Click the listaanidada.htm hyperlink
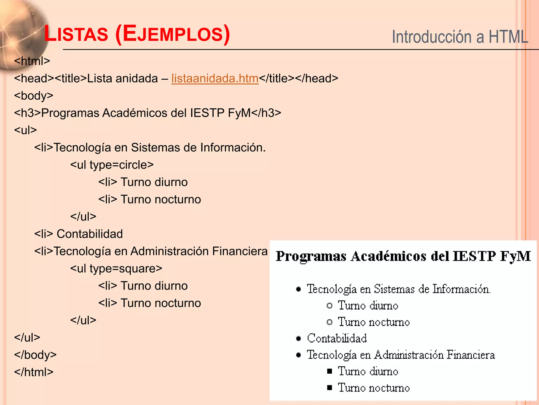tap(215, 79)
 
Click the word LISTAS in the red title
tap(76, 34)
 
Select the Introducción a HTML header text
tap(460, 37)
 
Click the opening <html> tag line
tap(32, 61)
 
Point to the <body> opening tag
tap(34, 96)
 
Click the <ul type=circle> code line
tap(112, 165)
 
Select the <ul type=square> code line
tap(116, 268)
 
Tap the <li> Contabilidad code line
tap(78, 234)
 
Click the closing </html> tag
tap(34, 372)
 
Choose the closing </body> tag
tap(35, 355)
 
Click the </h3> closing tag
tap(266, 113)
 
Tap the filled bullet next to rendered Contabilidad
tap(298, 338)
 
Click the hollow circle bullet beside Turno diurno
tap(329, 306)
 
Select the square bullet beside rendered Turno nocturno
tap(330, 388)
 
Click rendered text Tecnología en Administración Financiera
tap(401, 355)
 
